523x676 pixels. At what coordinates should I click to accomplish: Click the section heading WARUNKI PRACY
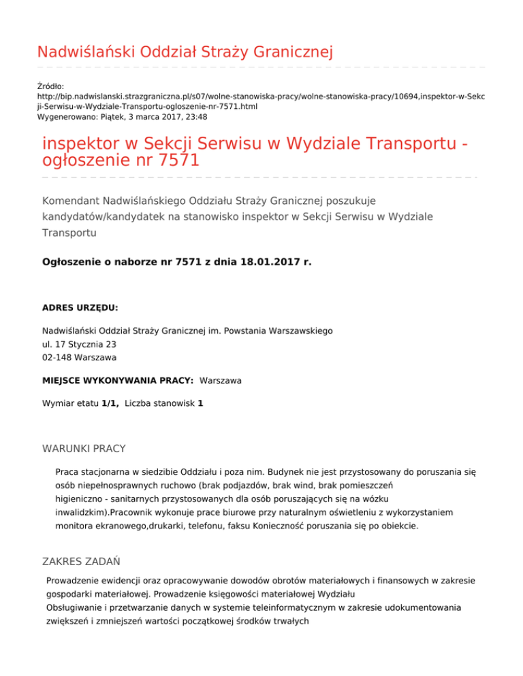(x=84, y=450)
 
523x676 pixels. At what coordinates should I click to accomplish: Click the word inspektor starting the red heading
(x=81, y=145)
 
